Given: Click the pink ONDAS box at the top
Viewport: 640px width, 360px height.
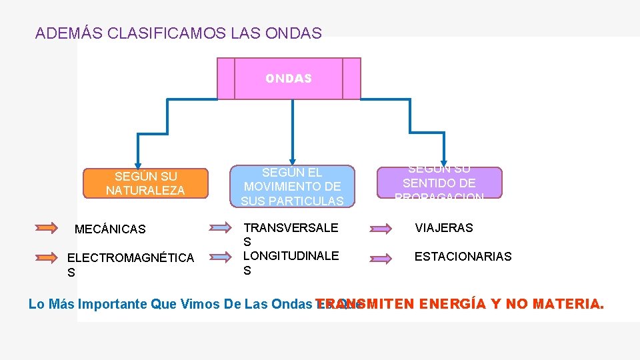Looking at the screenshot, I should coord(288,79).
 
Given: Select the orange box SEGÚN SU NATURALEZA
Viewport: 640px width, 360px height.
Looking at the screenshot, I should coord(145,183).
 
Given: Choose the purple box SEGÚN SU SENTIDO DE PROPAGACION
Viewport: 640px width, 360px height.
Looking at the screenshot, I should coord(439,183).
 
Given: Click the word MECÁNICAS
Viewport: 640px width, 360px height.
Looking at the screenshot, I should coord(110,229).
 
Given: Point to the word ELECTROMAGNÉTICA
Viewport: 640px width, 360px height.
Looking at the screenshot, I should coord(131,257).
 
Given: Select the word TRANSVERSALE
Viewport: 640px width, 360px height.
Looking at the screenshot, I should coord(291,227).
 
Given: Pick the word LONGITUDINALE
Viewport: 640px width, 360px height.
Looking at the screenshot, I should coord(291,255).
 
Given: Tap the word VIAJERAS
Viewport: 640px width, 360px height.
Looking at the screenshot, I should coord(444,227).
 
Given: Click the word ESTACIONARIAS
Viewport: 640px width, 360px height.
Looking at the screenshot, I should coord(463,256).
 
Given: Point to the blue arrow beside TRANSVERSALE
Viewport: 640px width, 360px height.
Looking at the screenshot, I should coord(219,228).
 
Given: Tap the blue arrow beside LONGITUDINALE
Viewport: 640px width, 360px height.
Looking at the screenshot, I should coord(219,257).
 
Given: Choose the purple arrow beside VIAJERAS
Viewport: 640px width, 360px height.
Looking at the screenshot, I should coord(381,229).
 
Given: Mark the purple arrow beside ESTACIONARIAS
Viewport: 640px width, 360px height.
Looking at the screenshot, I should coord(381,257).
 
